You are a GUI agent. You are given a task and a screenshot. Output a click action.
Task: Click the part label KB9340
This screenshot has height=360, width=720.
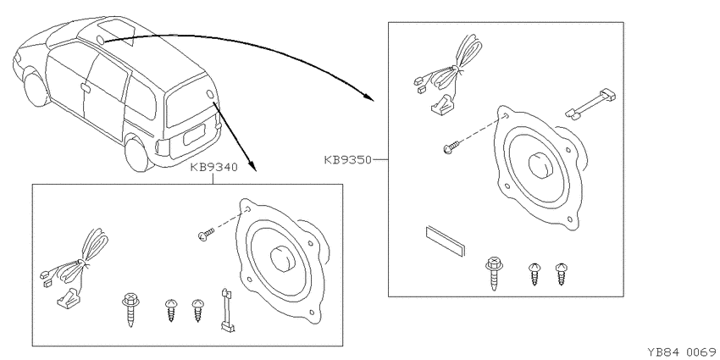(213, 168)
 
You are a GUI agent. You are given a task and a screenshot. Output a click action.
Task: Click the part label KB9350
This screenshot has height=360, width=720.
(347, 160)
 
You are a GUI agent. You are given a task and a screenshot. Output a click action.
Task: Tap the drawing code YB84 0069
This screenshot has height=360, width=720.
(683, 352)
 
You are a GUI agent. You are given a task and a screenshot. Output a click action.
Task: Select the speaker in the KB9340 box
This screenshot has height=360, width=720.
(282, 258)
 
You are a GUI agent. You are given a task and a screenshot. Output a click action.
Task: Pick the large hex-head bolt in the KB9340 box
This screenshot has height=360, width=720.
(129, 308)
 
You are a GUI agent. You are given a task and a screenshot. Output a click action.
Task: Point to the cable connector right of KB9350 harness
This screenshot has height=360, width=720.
(590, 105)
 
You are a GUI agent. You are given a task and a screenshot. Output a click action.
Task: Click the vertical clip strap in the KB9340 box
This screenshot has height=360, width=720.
(227, 309)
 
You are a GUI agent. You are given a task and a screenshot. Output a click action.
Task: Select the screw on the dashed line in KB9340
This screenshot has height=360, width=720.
(206, 234)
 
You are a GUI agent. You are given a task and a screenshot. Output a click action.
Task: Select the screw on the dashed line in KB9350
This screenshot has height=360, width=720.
(451, 147)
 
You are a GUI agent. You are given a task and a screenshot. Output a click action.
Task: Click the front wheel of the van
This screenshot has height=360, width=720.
(36, 89)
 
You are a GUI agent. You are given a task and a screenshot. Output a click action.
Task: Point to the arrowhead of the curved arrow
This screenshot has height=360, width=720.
(368, 97)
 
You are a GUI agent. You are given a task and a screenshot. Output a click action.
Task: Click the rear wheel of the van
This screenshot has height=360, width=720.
(138, 155)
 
